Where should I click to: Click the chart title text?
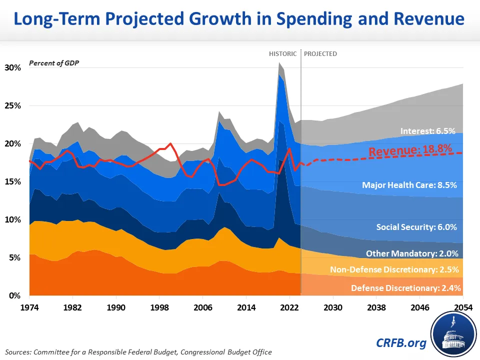tap(239, 19)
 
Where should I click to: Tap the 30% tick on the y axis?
tap(12, 67)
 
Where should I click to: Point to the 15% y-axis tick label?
tap(12, 181)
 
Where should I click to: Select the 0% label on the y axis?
tap(14, 295)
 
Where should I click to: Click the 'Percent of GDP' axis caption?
tap(53, 63)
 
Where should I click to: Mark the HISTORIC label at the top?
tap(283, 53)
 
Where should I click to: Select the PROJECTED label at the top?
tap(320, 53)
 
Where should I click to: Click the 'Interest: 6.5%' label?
tap(427, 131)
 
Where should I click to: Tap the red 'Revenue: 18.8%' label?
tap(410, 151)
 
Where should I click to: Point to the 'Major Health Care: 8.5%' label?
tap(409, 185)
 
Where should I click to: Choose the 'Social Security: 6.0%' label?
tap(416, 227)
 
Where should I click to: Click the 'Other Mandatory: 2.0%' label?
tap(411, 253)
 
